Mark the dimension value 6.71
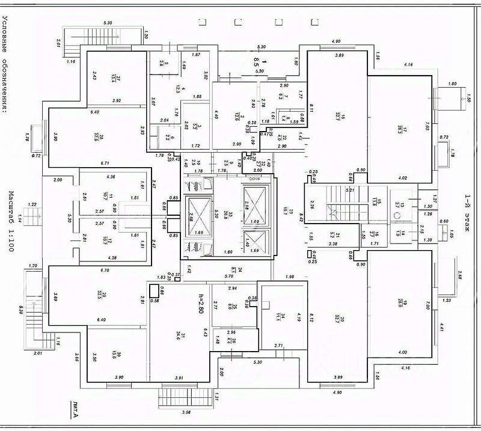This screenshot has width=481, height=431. coord(106,163)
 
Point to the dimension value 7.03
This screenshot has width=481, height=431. coord(428,127)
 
